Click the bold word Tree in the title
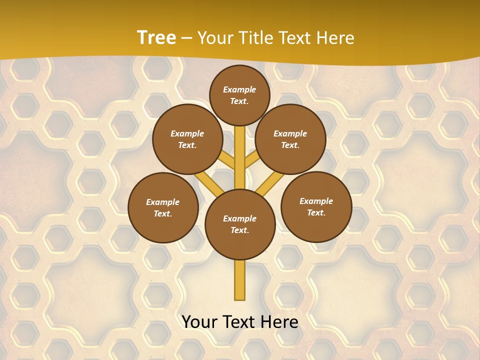click(156, 37)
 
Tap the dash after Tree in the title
click(186, 38)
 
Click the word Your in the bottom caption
click(200, 322)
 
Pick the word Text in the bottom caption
click(240, 322)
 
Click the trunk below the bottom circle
click(240, 280)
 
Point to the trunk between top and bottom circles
click(240, 155)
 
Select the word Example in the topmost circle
click(239, 89)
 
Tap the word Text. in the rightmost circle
click(316, 212)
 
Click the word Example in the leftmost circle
click(163, 202)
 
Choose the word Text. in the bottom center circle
click(240, 230)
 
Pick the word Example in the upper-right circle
click(290, 133)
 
